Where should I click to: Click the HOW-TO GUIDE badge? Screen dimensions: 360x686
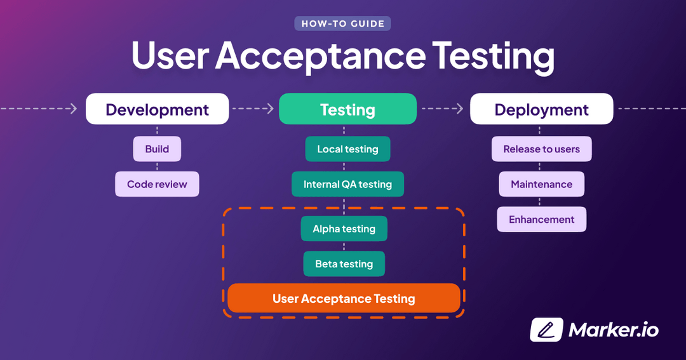tap(342, 24)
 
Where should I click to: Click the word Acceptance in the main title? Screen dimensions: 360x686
tap(319, 56)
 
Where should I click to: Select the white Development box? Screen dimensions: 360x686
tap(157, 109)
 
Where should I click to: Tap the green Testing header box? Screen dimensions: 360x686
tap(347, 109)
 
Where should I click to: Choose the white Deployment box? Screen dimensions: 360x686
tap(541, 109)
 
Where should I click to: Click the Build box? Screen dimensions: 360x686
tap(157, 149)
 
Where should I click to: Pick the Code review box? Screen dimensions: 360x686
tap(157, 184)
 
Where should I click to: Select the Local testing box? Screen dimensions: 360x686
tap(347, 149)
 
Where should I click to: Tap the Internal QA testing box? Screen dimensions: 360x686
tap(347, 184)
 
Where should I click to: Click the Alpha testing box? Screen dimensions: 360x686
tap(344, 229)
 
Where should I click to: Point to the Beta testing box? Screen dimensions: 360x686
tap(344, 264)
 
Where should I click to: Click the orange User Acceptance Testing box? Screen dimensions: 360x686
tap(344, 298)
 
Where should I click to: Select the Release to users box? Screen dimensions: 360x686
tap(541, 149)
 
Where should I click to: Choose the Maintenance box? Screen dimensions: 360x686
tap(541, 184)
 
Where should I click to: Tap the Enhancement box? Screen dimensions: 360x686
tap(541, 220)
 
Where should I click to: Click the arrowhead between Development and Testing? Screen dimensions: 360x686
tap(269, 109)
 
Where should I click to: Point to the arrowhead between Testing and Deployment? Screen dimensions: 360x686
tap(459, 109)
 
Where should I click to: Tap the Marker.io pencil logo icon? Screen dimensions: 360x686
tap(546, 330)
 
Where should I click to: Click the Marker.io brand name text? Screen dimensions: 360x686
tap(614, 330)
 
